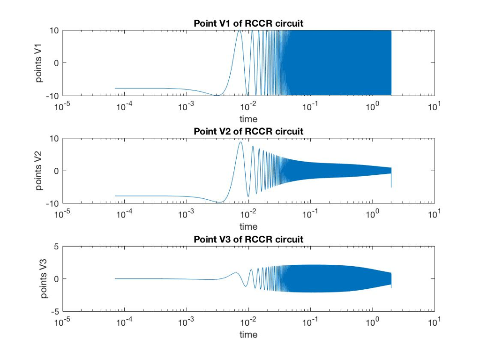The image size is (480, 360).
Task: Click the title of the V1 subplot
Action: (x=248, y=24)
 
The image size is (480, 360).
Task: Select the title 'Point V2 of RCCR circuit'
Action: (x=248, y=132)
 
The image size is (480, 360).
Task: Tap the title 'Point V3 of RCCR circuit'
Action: (x=248, y=240)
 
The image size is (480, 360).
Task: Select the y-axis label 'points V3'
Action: (x=44, y=278)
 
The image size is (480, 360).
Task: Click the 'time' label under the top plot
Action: (x=248, y=119)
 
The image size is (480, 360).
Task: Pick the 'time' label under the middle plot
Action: (x=248, y=226)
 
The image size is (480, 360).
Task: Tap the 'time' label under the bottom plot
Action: (x=248, y=334)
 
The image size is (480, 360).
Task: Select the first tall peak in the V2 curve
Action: (x=240, y=142)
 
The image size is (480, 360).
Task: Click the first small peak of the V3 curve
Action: (x=236, y=273)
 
